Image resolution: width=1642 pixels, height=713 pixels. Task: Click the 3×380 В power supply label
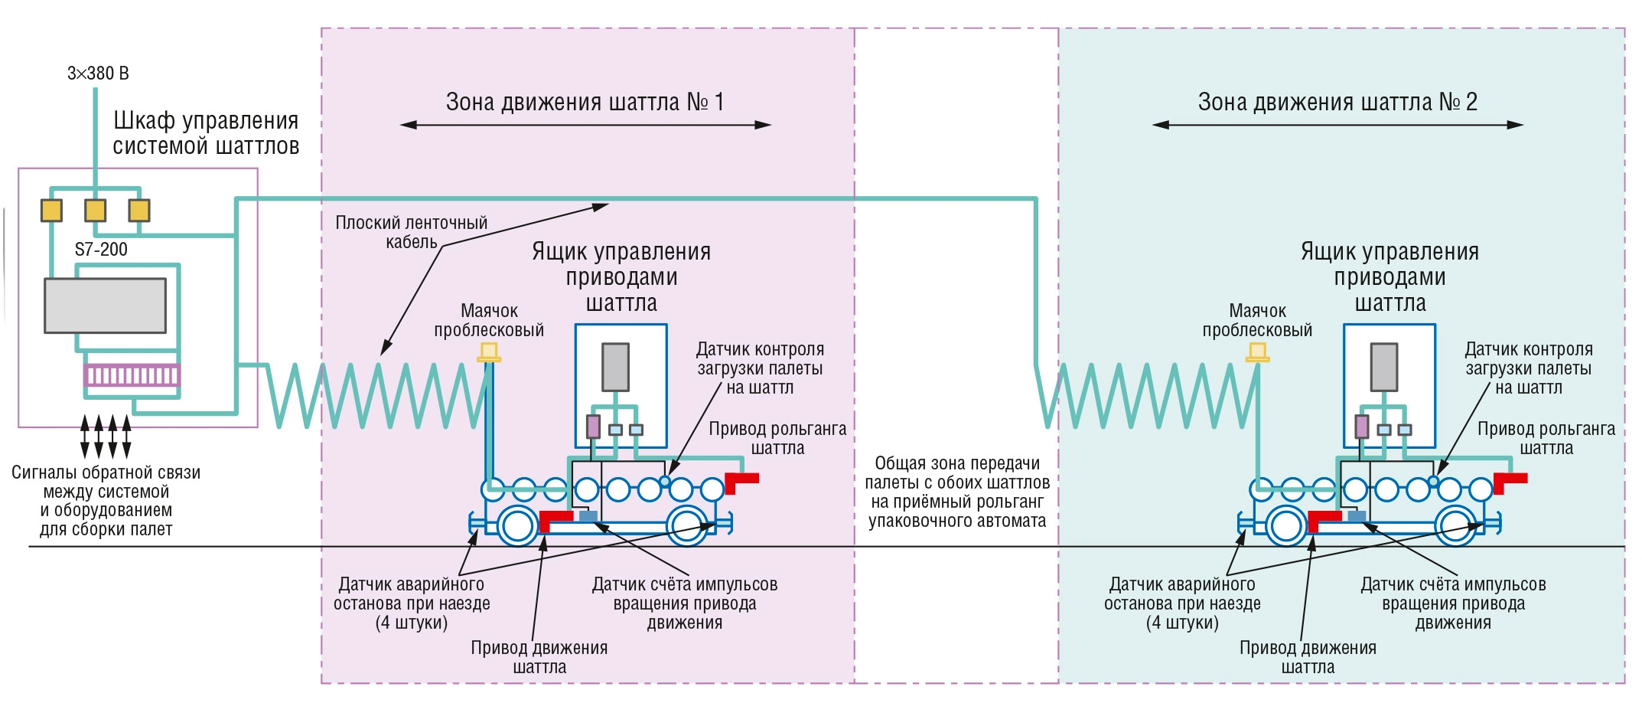coord(98,74)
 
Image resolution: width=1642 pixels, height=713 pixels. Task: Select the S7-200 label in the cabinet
coord(101,250)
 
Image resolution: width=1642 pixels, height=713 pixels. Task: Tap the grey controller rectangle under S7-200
coord(106,306)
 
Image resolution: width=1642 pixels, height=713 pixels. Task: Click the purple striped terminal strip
coord(132,375)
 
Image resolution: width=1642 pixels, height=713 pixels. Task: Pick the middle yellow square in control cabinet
coord(96,211)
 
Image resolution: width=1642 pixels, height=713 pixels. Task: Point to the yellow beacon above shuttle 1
coord(489,352)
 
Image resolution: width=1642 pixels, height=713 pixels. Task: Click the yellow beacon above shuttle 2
coord(1258,352)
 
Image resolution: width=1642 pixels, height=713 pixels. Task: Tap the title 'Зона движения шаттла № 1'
coord(585,102)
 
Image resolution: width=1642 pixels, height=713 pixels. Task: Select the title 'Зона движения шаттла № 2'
coord(1337,102)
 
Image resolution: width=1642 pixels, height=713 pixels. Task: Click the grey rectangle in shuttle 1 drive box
coord(616,367)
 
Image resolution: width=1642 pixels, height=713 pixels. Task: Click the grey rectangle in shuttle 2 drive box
coord(1384,367)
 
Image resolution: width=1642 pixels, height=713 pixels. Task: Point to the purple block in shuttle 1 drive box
coord(593,427)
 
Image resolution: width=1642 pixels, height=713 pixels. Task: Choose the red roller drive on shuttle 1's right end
coord(741,482)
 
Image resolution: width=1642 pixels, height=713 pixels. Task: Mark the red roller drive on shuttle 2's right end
coord(1510,482)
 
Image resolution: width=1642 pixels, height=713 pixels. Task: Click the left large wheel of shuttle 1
coord(518,526)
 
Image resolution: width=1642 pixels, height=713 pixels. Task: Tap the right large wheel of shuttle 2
coord(1456,526)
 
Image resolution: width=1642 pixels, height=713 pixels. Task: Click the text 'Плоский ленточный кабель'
coord(412,232)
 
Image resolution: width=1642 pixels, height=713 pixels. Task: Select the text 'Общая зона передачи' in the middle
coord(957,463)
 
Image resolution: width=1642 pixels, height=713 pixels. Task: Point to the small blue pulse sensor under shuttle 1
coord(588,516)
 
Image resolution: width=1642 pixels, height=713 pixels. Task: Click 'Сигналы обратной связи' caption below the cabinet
coord(106,473)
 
